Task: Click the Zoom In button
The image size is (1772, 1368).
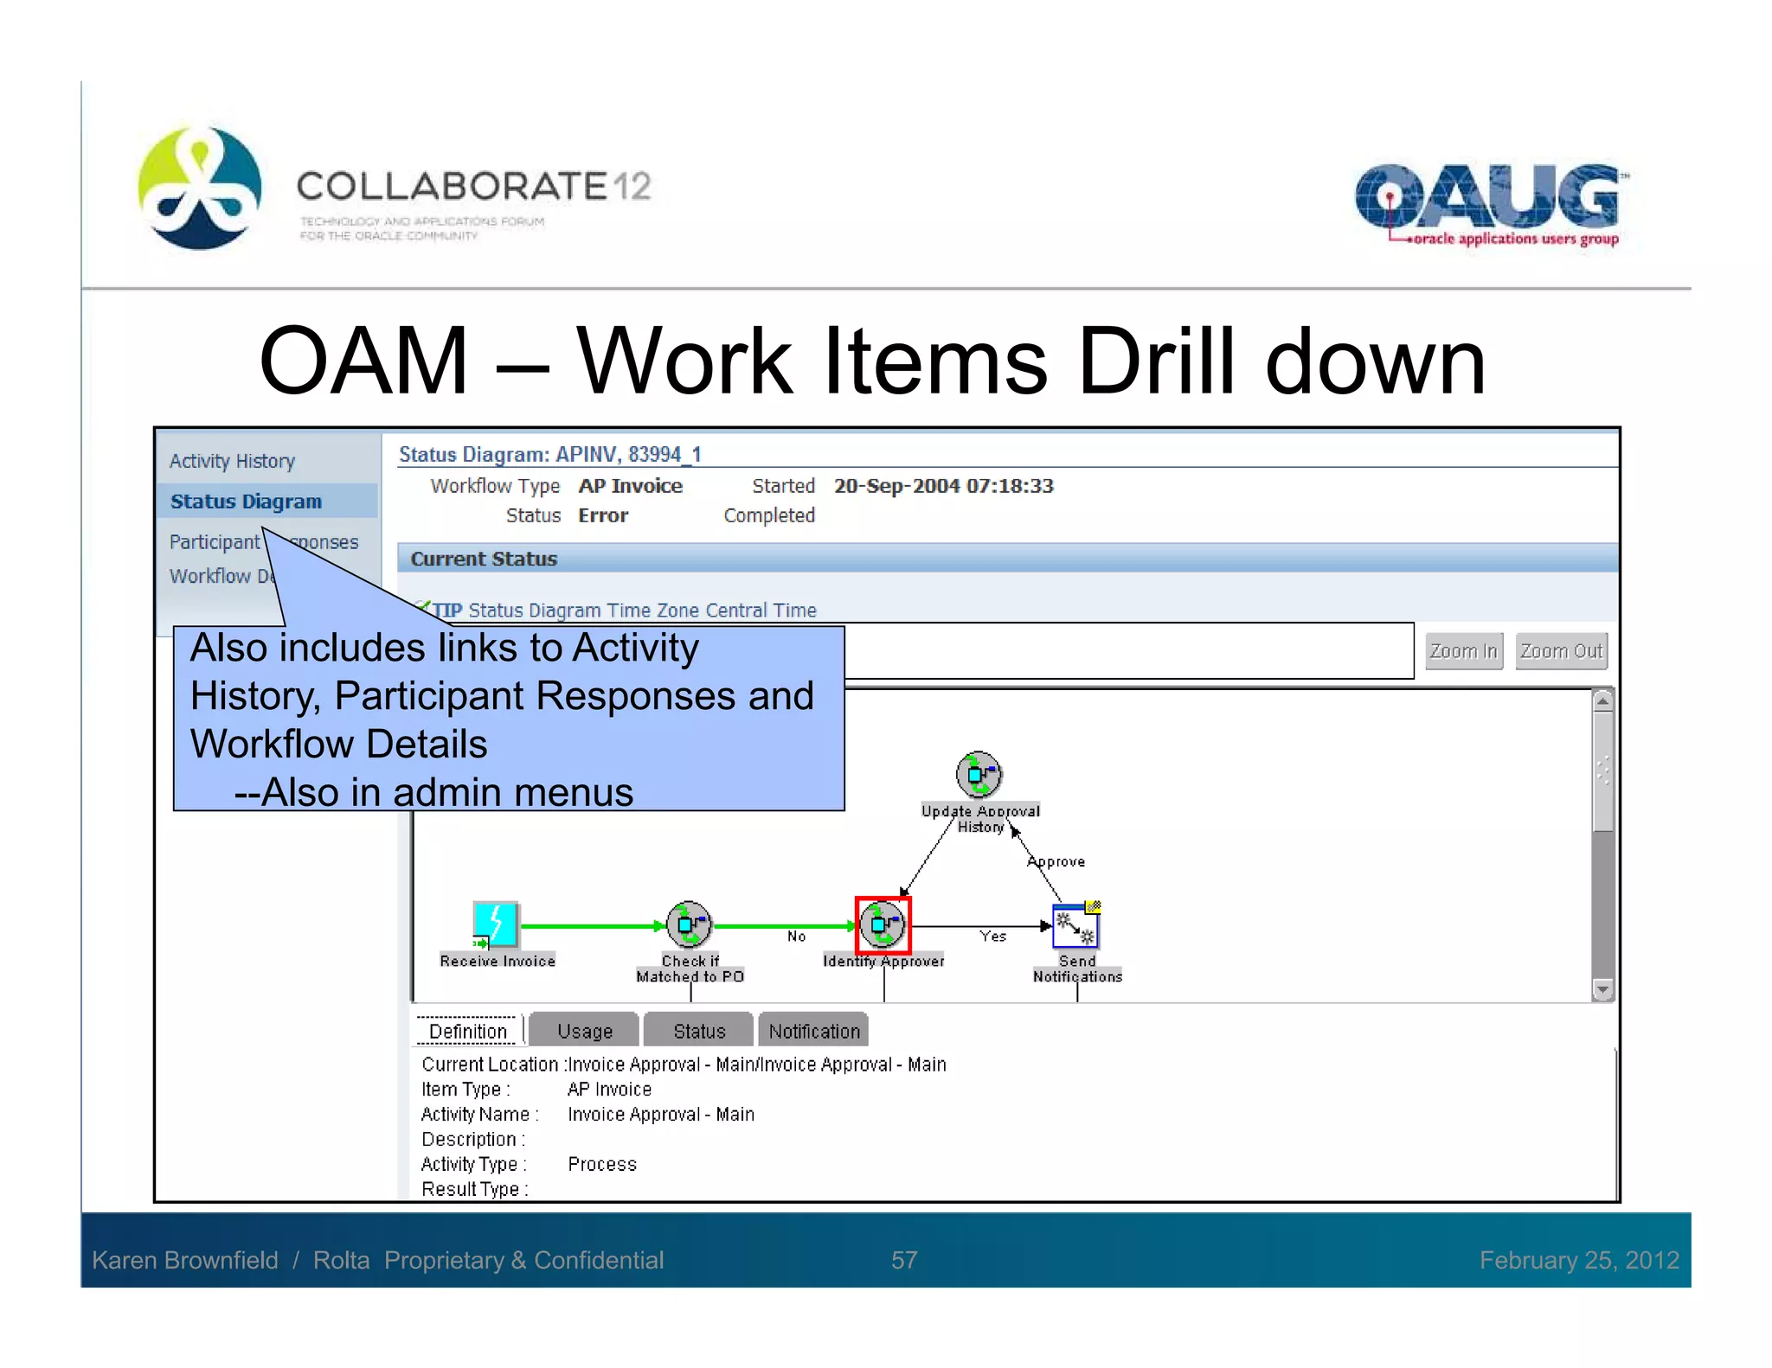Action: coord(1463,651)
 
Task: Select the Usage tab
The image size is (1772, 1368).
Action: coord(584,1031)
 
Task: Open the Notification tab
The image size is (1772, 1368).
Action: coord(813,1031)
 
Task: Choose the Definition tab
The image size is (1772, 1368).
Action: coord(468,1031)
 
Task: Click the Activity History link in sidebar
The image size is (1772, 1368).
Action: coord(232,461)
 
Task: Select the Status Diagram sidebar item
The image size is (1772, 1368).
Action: coord(247,502)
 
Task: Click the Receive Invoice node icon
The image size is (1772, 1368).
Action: coord(496,924)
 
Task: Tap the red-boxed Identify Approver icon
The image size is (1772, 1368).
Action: coord(883,924)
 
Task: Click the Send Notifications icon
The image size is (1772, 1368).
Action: coord(1075,926)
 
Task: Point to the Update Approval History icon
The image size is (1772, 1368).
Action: coord(979,773)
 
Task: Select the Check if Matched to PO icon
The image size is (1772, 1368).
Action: coord(689,924)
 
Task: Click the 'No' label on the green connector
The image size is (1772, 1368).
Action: coord(796,937)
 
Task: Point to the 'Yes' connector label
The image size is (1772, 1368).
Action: coord(993,937)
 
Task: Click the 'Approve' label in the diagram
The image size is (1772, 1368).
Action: coord(1056,862)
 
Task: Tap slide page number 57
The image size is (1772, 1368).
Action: coord(904,1260)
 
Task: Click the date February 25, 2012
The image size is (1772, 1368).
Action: coord(1579,1260)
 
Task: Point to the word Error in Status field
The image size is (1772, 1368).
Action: coord(603,515)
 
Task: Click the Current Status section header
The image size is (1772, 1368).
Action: coord(485,559)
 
